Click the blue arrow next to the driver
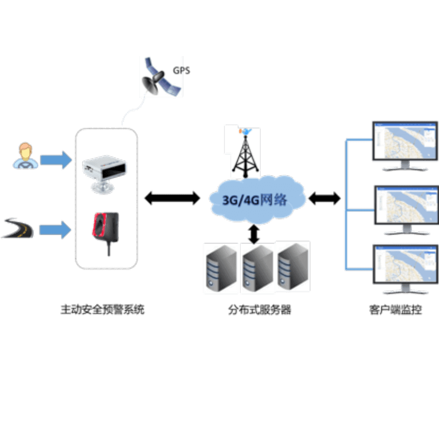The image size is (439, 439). click(56, 160)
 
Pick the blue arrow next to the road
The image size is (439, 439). click(56, 230)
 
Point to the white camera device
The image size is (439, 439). click(105, 173)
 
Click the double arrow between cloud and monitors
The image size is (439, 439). click(325, 198)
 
